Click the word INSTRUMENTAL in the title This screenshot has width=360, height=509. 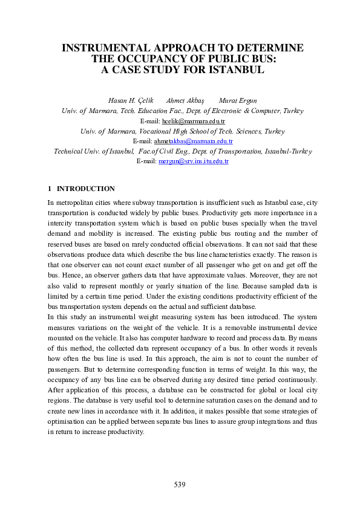pos(102,48)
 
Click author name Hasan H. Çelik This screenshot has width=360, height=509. pos(129,100)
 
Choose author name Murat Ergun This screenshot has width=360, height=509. pos(235,100)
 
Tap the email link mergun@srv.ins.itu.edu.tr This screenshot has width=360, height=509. pos(193,161)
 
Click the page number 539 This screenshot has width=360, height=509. pos(180,485)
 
